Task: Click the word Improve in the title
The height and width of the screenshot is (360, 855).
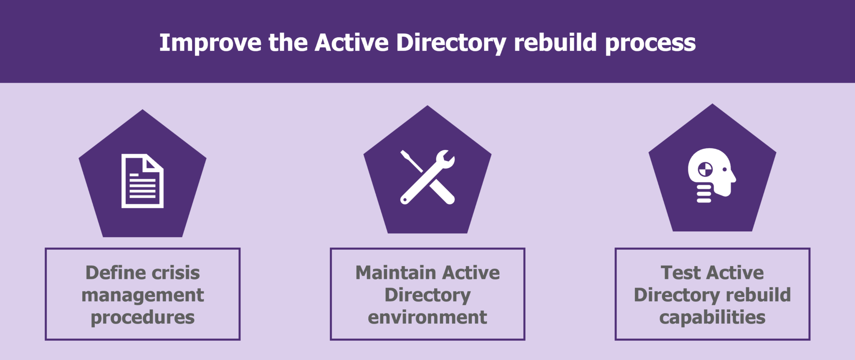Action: (210, 43)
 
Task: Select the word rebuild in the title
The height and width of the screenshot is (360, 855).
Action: (555, 43)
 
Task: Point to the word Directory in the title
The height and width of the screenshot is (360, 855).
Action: (451, 43)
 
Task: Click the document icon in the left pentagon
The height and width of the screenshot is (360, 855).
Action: (142, 181)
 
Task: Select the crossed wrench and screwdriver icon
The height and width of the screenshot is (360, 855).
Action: (427, 177)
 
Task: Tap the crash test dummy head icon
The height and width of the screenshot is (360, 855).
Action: (711, 175)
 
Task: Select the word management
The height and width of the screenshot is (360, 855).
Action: (143, 295)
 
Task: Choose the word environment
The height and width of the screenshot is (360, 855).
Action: (427, 317)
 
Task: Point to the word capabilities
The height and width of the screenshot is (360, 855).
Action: (712, 317)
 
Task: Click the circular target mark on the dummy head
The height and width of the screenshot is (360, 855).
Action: (706, 170)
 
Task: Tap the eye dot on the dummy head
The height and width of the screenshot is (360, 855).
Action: (724, 170)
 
